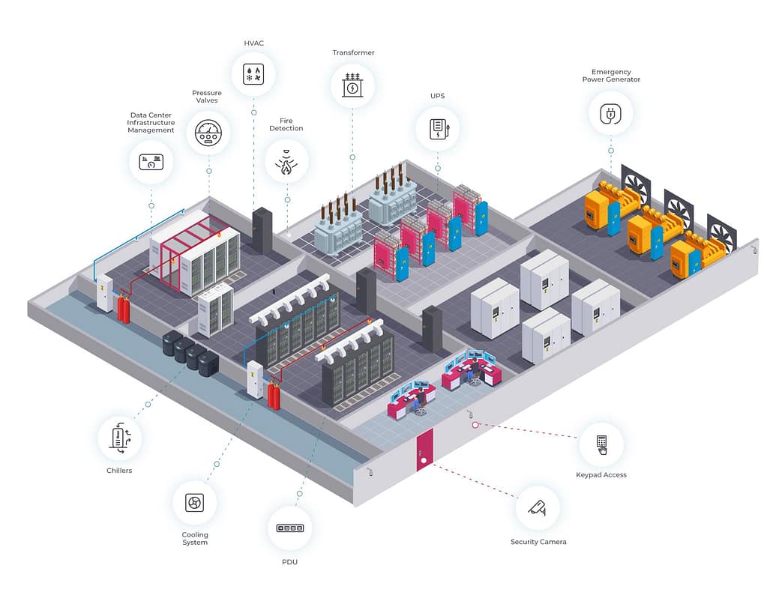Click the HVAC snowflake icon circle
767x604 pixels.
[253, 74]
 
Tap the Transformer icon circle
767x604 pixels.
[352, 85]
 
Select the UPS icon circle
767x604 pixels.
[438, 128]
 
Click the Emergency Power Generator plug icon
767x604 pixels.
[610, 114]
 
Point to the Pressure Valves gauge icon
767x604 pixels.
[208, 133]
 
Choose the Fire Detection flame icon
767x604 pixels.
[286, 162]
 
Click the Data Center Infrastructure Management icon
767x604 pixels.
[151, 162]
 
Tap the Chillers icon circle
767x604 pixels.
[120, 438]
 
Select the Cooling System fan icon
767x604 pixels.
[195, 502]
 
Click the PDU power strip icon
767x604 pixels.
[289, 528]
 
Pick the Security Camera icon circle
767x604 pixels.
[538, 508]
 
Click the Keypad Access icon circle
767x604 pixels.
[601, 444]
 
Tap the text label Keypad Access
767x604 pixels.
[601, 475]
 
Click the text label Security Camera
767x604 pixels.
[538, 542]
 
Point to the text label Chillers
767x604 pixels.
[119, 471]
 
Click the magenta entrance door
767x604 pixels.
[424, 450]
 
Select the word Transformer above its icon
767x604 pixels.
[353, 53]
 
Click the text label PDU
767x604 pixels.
[289, 561]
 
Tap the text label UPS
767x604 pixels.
[438, 97]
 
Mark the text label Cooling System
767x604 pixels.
[195, 539]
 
